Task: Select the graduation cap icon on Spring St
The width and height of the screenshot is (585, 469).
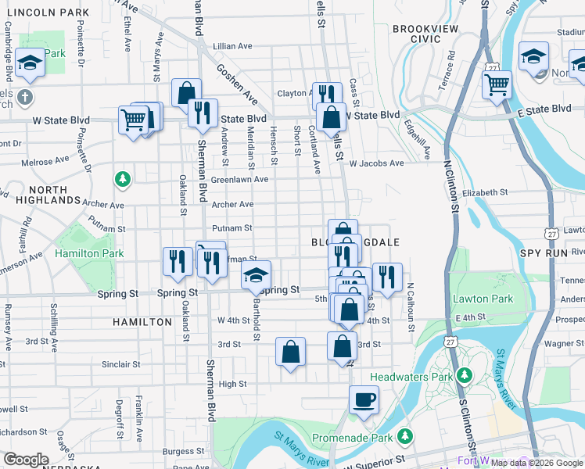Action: point(256,276)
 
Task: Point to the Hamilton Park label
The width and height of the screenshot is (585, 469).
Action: point(89,254)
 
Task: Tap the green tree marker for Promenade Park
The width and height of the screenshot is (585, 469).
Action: point(405,435)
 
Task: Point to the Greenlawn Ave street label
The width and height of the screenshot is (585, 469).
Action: point(239,179)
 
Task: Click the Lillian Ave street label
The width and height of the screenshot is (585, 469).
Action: point(231,47)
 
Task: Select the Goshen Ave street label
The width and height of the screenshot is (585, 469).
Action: point(237,84)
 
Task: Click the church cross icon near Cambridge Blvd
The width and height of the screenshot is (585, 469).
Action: point(25,98)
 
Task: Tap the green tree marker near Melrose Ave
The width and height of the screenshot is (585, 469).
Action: point(122,180)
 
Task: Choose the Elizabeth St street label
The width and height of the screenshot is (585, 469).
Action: point(485,192)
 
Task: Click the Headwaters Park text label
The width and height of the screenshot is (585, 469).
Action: point(422,377)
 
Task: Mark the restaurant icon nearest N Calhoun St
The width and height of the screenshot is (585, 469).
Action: point(386,276)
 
